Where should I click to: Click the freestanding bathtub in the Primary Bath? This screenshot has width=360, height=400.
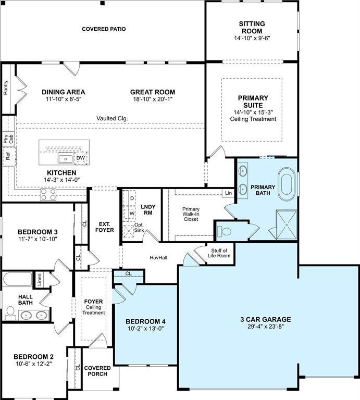coord(287,184)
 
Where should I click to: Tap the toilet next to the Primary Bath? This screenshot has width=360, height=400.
coord(224,231)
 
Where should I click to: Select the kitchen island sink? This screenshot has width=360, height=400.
coord(66,158)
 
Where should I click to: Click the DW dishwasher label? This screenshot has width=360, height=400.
coord(81,158)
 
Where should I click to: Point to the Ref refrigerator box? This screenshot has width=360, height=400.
coord(8,156)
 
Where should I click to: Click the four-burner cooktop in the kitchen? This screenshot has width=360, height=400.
coord(48,194)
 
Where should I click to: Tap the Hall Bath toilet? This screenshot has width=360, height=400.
coord(10,313)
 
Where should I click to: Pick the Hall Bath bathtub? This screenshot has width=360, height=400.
coord(18,280)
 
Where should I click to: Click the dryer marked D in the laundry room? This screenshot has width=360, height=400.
coord(129,198)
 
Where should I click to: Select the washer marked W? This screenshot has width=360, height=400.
coord(129,214)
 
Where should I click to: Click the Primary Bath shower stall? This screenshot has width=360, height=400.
coord(286,225)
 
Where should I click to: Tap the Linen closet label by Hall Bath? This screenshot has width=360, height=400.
coord(39,279)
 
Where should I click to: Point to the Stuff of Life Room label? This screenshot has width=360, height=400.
coord(219,253)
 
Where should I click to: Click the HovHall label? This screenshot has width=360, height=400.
coord(158,258)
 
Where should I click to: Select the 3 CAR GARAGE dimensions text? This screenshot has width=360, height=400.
coord(266,327)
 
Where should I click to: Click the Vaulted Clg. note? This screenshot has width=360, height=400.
coord(112,118)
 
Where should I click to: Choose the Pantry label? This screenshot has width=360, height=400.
coord(6,87)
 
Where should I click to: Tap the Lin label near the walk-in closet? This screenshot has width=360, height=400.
coord(228,193)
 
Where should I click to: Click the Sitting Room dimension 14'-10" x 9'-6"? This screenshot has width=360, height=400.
coord(252,38)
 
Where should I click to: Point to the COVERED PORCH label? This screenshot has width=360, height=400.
coord(97,371)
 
